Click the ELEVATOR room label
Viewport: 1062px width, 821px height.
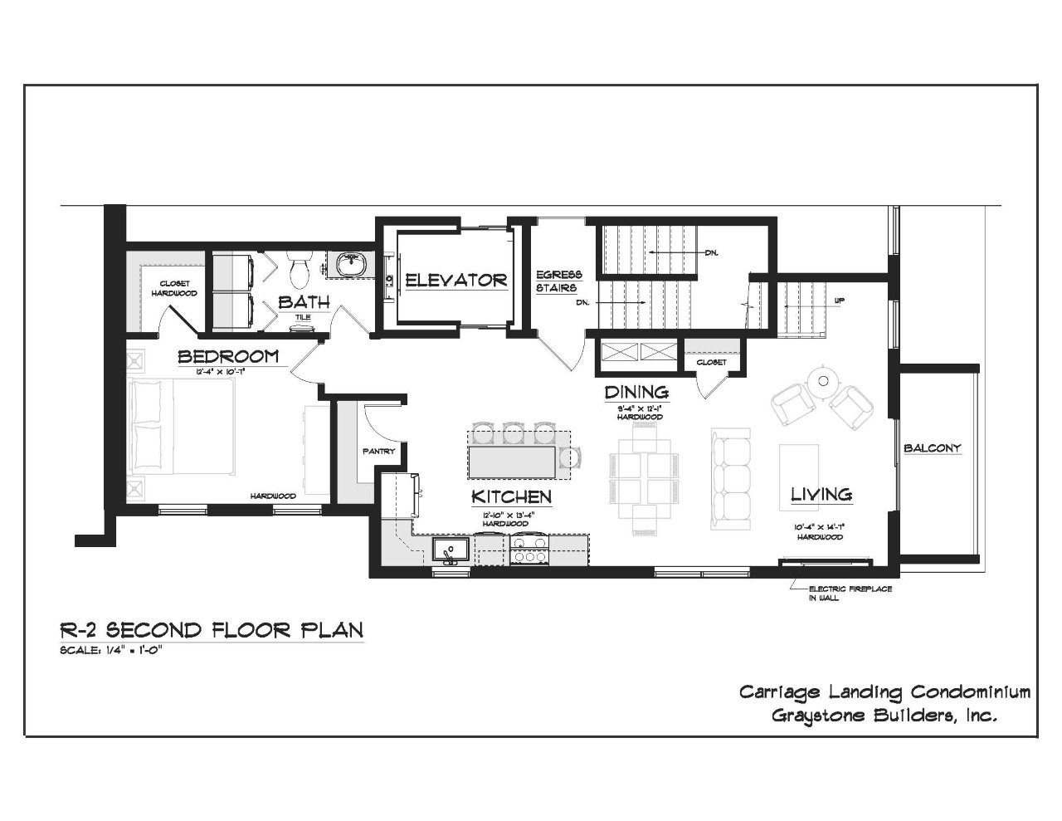[x=455, y=281]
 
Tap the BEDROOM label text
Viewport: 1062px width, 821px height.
[x=228, y=357]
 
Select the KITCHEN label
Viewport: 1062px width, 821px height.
[x=511, y=497]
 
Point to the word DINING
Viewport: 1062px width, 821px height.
[x=636, y=392]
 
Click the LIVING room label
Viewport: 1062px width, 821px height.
[x=821, y=495]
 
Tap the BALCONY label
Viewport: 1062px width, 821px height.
[x=933, y=448]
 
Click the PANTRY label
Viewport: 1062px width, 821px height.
[x=378, y=452]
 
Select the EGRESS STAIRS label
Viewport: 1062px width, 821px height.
[x=558, y=281]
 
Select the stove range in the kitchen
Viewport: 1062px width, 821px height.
[x=529, y=550]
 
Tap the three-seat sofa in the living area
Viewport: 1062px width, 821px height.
[x=731, y=480]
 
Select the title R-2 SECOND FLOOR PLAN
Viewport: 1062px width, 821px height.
[x=212, y=630]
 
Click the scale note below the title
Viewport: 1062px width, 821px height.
[x=110, y=650]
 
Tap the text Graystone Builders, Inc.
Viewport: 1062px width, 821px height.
[x=884, y=716]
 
